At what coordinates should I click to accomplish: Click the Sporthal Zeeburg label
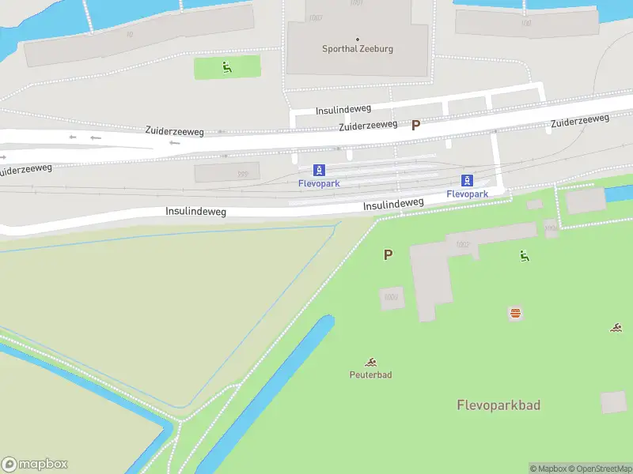click(x=358, y=49)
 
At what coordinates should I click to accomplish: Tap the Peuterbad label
click(x=371, y=374)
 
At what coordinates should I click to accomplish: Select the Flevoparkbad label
click(x=498, y=405)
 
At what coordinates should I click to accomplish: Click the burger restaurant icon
click(x=515, y=313)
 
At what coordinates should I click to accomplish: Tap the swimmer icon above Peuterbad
click(x=371, y=362)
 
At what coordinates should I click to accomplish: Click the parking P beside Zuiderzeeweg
click(x=416, y=125)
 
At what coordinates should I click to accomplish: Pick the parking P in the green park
click(x=388, y=255)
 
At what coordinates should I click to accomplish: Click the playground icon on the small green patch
click(x=227, y=67)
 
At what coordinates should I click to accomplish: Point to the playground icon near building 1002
click(x=524, y=255)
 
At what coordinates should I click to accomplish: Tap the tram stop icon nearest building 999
click(x=318, y=170)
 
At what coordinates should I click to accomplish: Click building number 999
click(x=243, y=175)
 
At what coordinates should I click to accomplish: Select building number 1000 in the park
click(x=390, y=297)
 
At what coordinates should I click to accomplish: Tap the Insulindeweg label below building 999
click(x=196, y=212)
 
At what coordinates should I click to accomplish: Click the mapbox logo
click(x=35, y=465)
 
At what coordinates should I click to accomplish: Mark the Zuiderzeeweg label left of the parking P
click(x=368, y=125)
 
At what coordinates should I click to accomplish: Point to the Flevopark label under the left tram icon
click(x=318, y=183)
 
